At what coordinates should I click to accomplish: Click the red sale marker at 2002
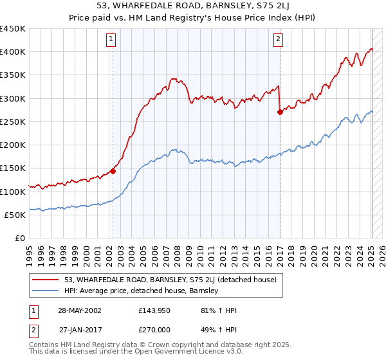tap(113, 171)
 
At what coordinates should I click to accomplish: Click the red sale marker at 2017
tap(280, 112)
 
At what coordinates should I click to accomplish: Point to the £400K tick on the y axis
tap(13, 52)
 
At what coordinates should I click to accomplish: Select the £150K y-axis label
tap(13, 168)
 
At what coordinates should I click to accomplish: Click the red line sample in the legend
tap(46, 280)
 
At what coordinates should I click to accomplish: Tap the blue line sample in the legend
tap(46, 291)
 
